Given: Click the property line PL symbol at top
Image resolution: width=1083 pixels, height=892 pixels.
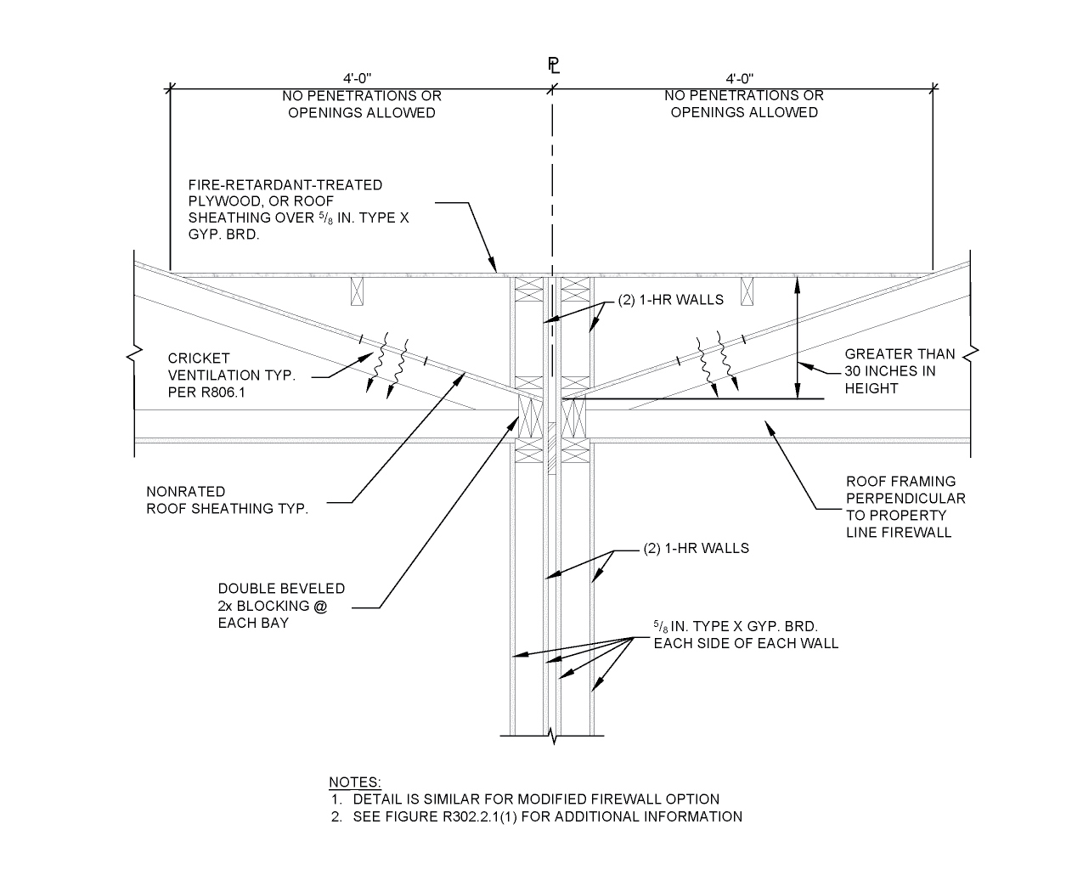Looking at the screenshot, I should [x=553, y=65].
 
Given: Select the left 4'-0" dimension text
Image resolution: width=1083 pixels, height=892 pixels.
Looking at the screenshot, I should [x=360, y=79].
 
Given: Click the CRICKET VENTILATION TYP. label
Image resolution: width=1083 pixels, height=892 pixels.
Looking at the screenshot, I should [x=231, y=375].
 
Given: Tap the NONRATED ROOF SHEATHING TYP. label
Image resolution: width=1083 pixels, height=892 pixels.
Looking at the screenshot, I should [x=227, y=500].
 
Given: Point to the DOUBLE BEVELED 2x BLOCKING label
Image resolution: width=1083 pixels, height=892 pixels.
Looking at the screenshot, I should [x=281, y=605].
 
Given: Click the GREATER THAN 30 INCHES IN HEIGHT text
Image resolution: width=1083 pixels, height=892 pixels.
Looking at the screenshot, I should [x=899, y=371].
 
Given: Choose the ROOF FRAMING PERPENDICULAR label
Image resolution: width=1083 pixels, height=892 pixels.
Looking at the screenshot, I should [x=905, y=506].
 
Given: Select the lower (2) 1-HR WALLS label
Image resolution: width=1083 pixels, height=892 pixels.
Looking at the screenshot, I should [x=697, y=548].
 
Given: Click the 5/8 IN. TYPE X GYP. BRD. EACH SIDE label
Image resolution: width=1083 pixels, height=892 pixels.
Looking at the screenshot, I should [x=745, y=635].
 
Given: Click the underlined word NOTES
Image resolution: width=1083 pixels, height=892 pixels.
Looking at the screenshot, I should [x=355, y=782].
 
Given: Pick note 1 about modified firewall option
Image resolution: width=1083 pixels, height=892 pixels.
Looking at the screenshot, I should [x=535, y=799].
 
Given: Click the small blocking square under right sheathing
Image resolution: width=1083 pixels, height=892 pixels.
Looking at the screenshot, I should [x=747, y=291].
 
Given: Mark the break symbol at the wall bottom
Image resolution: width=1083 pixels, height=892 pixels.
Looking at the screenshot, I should [x=554, y=735].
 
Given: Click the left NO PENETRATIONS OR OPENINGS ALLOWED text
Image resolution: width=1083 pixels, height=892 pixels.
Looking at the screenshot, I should [x=361, y=104].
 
